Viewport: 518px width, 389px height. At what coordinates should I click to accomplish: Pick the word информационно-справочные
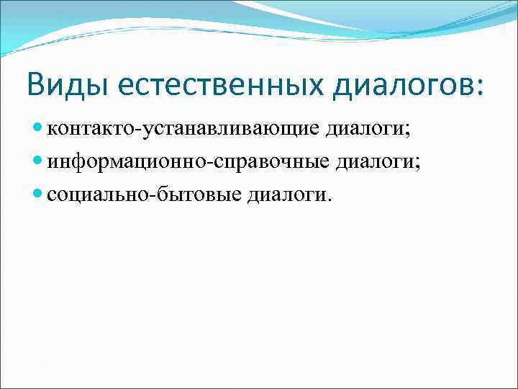(184, 162)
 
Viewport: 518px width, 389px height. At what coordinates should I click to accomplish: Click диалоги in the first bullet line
(363, 130)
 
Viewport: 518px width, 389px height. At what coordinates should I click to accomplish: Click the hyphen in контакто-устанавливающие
(137, 131)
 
